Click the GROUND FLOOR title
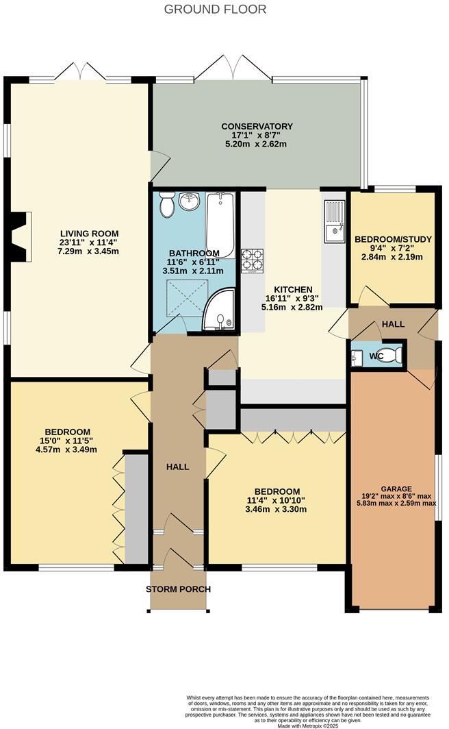click(215, 10)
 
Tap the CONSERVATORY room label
click(257, 127)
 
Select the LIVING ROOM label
click(89, 234)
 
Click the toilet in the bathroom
click(167, 205)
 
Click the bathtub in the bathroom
click(220, 225)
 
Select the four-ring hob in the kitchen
click(252, 260)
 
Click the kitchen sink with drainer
click(334, 221)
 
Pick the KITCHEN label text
click(293, 289)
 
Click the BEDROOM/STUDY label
click(393, 239)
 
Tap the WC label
click(376, 356)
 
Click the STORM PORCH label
click(179, 589)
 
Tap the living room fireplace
click(19, 237)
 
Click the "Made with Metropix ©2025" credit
click(308, 726)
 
